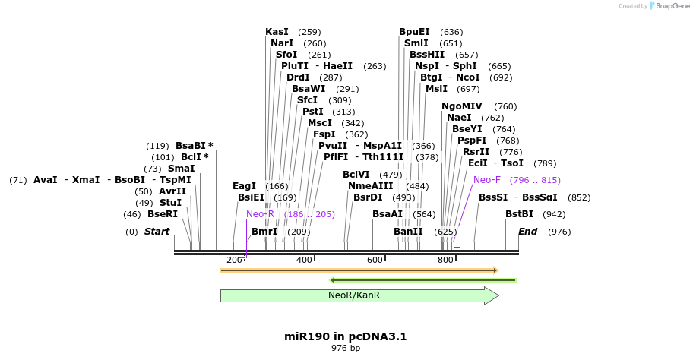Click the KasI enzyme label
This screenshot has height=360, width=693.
(x=277, y=32)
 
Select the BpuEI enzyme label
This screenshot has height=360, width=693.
(x=414, y=32)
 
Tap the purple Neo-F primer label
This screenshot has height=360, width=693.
(x=487, y=180)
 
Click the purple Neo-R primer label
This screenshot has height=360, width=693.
(x=260, y=214)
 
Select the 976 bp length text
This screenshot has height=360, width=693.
(x=346, y=348)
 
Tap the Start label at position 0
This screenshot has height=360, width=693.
(x=157, y=231)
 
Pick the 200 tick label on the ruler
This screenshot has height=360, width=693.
(x=233, y=261)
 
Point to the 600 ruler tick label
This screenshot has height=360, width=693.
(x=375, y=261)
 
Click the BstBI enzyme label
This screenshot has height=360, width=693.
(x=520, y=214)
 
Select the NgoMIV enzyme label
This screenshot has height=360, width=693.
(x=462, y=106)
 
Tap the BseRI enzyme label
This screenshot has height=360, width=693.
(x=162, y=214)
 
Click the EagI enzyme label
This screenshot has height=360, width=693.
(x=244, y=185)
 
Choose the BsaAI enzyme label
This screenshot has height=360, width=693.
(x=388, y=214)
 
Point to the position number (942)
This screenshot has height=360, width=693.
(x=554, y=214)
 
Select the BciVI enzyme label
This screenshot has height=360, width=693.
(x=356, y=175)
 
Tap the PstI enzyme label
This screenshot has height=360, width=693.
(x=313, y=111)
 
